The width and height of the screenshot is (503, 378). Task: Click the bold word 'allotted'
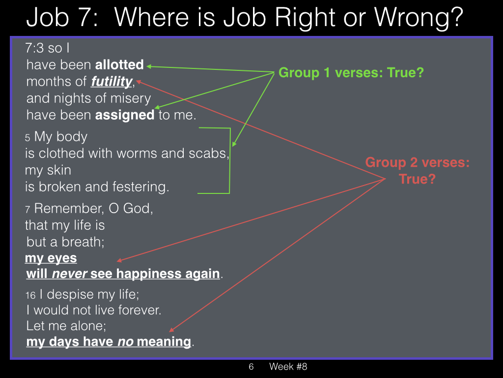(119, 64)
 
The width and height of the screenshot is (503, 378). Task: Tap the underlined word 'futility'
(112, 81)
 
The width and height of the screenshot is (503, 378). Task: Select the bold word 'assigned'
(125, 115)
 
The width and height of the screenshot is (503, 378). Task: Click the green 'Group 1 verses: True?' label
(351, 73)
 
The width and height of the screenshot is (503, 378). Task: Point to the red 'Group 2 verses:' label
(418, 162)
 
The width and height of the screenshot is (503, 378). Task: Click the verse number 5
(28, 138)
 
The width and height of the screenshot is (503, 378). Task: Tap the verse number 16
(30, 295)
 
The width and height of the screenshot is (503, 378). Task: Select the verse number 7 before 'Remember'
(28, 210)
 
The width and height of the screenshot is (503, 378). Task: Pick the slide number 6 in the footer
(251, 366)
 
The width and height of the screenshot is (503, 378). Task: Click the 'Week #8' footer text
(288, 366)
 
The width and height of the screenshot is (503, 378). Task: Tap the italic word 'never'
(70, 274)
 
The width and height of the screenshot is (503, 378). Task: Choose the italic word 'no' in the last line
(125, 342)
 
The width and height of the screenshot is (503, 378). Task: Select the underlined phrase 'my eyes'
(51, 258)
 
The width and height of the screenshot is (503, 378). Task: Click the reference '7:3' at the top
(34, 48)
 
